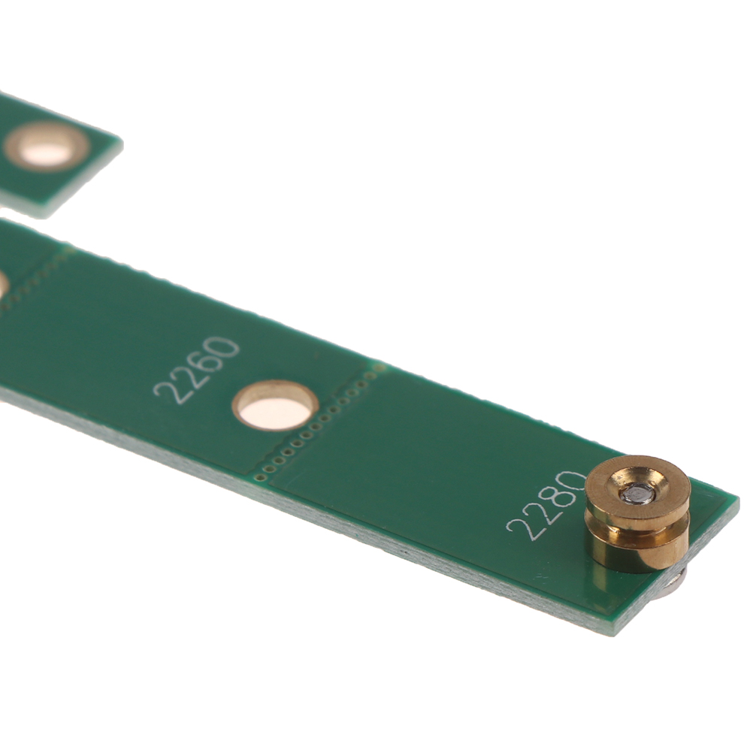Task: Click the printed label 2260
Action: pyautogui.click(x=196, y=370)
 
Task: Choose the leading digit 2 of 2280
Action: pyautogui.click(x=519, y=528)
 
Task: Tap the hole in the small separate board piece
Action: pyautogui.click(x=47, y=146)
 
